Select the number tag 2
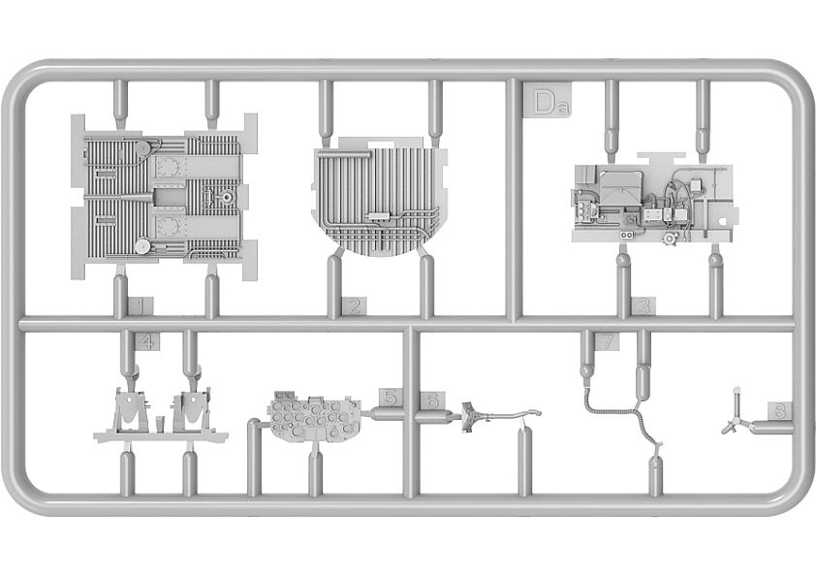(x=354, y=306)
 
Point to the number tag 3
(x=643, y=306)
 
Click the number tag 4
(x=147, y=341)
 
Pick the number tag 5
(x=392, y=397)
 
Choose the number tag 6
(x=432, y=400)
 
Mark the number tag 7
(x=607, y=341)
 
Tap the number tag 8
(x=779, y=411)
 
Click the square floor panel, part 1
(x=164, y=197)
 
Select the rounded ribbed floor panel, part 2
(x=379, y=197)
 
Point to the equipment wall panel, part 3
(x=655, y=201)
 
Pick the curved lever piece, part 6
(x=500, y=416)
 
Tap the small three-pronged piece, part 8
(x=735, y=415)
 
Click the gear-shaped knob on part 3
(x=669, y=239)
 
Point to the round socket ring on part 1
(x=227, y=197)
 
